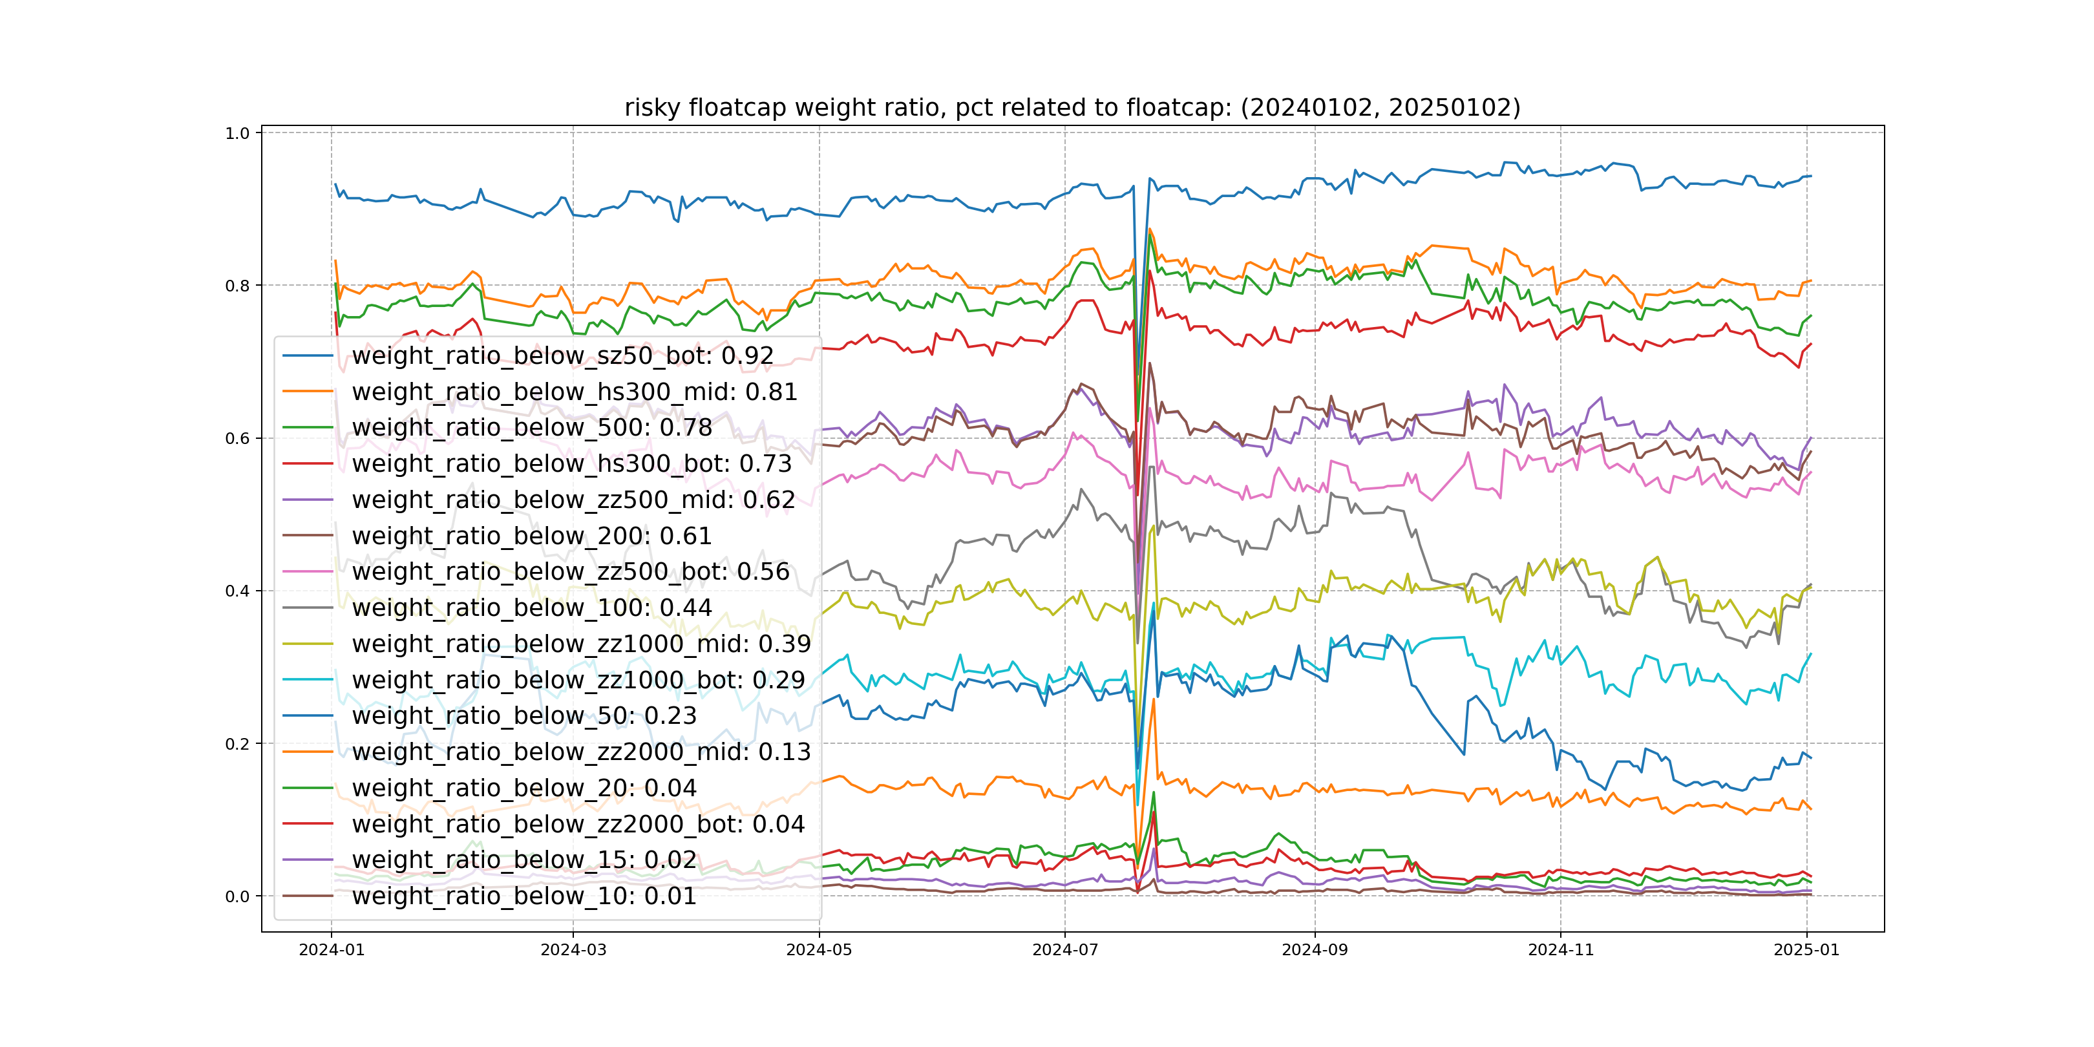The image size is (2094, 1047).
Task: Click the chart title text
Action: click(1072, 107)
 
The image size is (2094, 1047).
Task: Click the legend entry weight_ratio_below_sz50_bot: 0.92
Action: click(562, 356)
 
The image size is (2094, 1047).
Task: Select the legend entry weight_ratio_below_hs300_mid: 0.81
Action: click(574, 392)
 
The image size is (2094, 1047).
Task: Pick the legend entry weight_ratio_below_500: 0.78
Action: click(532, 428)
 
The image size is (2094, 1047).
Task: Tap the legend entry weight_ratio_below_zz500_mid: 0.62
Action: click(573, 500)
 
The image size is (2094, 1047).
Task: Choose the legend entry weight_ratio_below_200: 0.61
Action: click(532, 536)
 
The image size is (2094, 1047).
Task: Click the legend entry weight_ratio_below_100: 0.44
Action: click(532, 608)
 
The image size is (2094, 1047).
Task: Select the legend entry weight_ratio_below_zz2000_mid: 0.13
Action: click(581, 752)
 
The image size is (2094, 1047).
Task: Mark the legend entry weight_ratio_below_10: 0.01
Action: click(524, 896)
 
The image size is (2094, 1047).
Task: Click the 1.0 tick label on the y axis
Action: click(237, 133)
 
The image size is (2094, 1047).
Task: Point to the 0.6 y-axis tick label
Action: click(237, 438)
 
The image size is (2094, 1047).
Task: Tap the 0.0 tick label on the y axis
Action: click(237, 896)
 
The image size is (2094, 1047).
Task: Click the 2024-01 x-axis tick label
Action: click(332, 950)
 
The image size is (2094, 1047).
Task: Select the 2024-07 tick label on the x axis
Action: click(1065, 950)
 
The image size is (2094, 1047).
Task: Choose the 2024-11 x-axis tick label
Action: click(1561, 950)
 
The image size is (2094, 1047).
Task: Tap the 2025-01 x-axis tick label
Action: click(1806, 950)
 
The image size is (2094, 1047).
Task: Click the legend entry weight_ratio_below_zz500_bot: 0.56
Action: click(571, 571)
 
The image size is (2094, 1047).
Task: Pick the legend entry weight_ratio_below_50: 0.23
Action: click(524, 715)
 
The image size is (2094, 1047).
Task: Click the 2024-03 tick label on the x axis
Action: click(573, 950)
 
